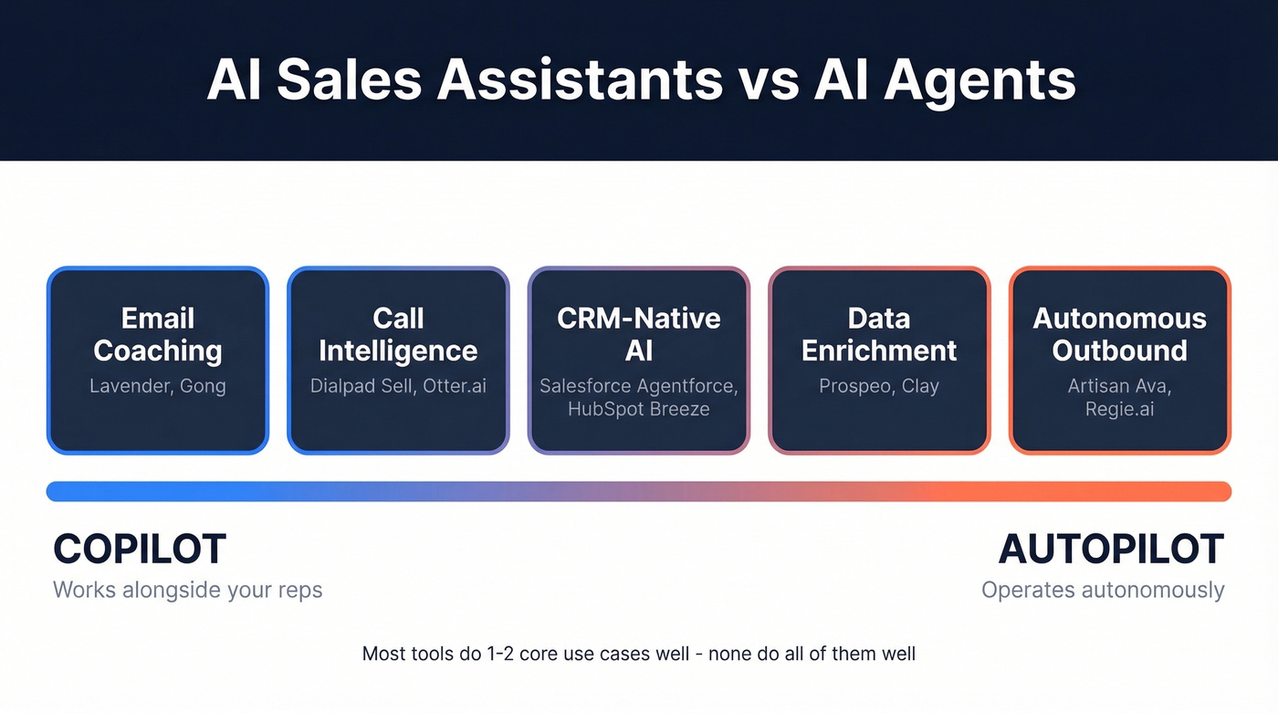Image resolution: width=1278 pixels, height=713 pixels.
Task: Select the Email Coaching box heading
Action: pyautogui.click(x=158, y=334)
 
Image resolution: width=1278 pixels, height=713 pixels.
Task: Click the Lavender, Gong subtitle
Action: pyautogui.click(x=158, y=386)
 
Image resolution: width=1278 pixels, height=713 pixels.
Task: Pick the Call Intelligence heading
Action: pyautogui.click(x=398, y=334)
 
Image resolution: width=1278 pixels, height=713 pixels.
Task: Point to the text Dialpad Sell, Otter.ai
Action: pyautogui.click(x=398, y=386)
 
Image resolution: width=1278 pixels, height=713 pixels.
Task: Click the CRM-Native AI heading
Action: pyautogui.click(x=638, y=334)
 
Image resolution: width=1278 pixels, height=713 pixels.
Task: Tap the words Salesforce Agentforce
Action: pyautogui.click(x=638, y=386)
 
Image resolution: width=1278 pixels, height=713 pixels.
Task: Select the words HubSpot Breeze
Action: pyautogui.click(x=638, y=409)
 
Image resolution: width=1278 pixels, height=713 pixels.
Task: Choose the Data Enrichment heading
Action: pyautogui.click(x=879, y=334)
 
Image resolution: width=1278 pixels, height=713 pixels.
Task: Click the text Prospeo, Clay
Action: pyautogui.click(x=879, y=386)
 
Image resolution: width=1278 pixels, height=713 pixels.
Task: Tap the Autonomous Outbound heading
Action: pyautogui.click(x=1119, y=334)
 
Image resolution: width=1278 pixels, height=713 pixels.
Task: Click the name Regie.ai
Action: pyautogui.click(x=1119, y=409)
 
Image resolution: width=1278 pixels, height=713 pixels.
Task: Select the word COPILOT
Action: pyautogui.click(x=140, y=550)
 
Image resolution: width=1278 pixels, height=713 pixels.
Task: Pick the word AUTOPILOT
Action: pyautogui.click(x=1111, y=550)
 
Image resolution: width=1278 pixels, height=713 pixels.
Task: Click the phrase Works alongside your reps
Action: pyautogui.click(x=188, y=590)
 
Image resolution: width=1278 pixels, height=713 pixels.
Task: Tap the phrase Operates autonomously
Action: pyautogui.click(x=1103, y=590)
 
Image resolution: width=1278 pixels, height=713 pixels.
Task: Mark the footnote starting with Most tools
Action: pyautogui.click(x=638, y=654)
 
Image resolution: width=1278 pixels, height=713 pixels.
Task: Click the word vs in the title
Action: pyautogui.click(x=767, y=79)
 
